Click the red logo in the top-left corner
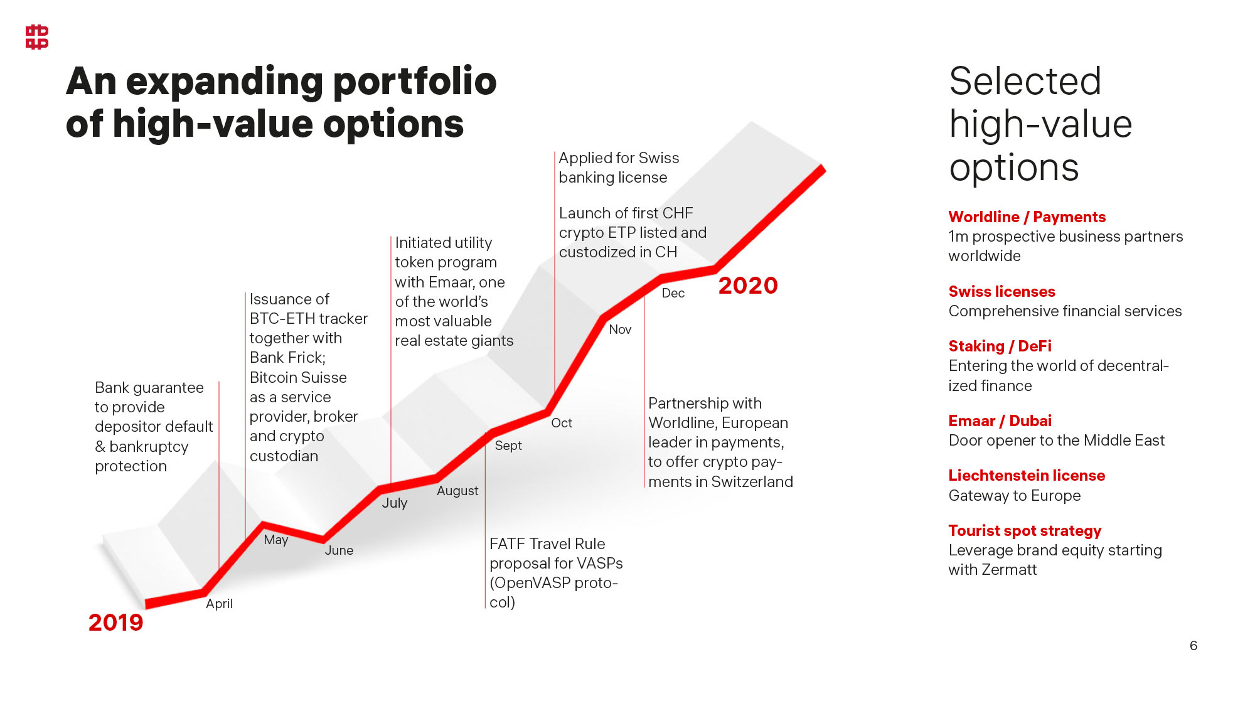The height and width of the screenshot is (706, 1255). click(37, 37)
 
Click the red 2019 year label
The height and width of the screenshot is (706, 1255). click(116, 623)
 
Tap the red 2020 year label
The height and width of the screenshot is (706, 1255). click(748, 286)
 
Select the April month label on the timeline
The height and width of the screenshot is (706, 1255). click(219, 604)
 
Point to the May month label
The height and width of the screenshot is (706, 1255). click(276, 540)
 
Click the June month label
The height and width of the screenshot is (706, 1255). click(339, 550)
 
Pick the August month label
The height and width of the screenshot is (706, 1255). click(457, 491)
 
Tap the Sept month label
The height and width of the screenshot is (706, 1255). click(508, 446)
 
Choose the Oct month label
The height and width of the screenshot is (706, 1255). click(562, 423)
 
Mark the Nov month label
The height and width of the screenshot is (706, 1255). click(620, 329)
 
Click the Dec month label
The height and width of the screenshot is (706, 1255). click(673, 293)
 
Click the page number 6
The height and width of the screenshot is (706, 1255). click(1194, 646)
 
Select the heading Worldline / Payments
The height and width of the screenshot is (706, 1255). click(1027, 217)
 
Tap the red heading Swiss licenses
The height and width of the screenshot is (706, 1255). click(1001, 292)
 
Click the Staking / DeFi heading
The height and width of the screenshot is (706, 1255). click(1000, 346)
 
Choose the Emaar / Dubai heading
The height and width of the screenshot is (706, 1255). click(1000, 421)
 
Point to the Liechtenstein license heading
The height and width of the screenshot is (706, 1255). click(1027, 476)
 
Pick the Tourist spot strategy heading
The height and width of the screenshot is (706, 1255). click(1025, 531)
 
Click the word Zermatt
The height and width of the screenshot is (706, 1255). click(1010, 570)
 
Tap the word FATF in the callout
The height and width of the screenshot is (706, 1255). click(508, 544)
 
